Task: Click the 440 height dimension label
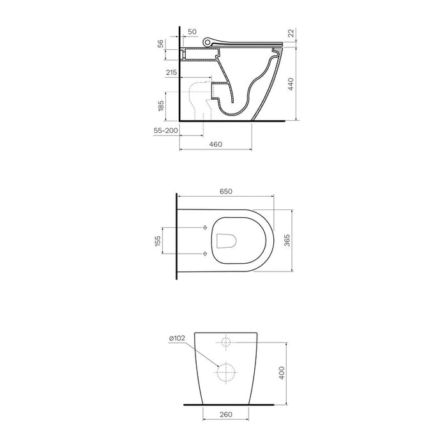[291, 84]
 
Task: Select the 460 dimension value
[216, 144]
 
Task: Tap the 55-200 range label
[165, 130]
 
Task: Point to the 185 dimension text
[161, 106]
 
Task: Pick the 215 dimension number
[172, 72]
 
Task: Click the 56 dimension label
[161, 43]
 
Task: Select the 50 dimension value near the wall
[192, 32]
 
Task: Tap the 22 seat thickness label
[291, 33]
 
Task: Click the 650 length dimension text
[226, 192]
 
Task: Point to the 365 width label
[287, 240]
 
